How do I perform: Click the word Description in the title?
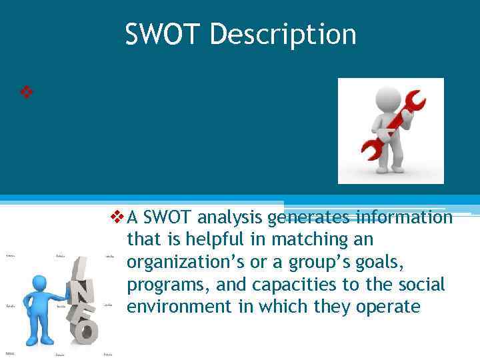pos(283,34)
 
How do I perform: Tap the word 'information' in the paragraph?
pos(405,217)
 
